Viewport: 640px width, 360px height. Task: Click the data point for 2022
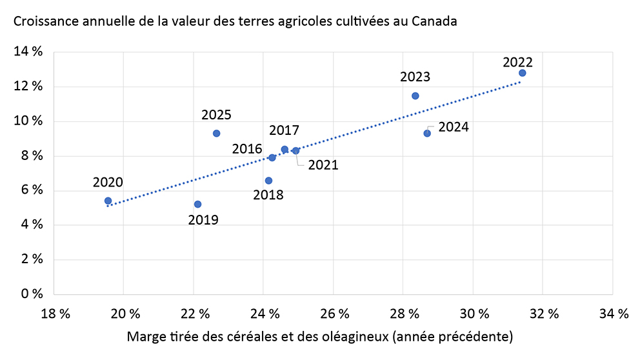tap(522, 73)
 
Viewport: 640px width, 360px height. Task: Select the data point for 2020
tap(108, 201)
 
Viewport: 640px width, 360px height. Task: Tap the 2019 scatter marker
tap(197, 205)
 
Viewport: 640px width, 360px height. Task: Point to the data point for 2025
tap(216, 134)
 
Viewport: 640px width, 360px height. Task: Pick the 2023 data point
tap(415, 96)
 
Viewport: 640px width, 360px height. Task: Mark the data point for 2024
tap(427, 134)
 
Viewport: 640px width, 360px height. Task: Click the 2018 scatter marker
tap(268, 181)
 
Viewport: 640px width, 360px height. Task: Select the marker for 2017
tap(285, 150)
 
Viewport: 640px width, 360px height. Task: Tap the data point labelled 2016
tap(272, 157)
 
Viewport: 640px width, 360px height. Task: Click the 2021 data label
tap(323, 165)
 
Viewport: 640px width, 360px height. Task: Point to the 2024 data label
tap(453, 127)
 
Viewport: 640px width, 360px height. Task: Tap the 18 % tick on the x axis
tap(54, 314)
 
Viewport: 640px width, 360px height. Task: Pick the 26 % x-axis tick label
tap(334, 314)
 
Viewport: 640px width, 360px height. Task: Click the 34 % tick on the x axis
tap(613, 314)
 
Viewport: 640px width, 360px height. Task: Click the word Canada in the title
tap(435, 22)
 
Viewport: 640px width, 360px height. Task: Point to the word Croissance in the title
tap(42, 22)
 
